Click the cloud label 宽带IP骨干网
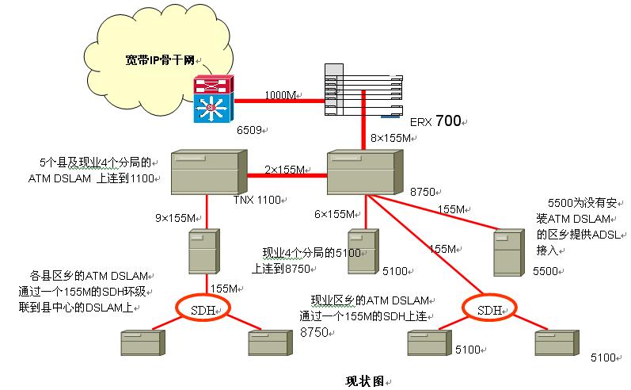point(162,60)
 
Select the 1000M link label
point(280,95)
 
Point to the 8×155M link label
point(392,138)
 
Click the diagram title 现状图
point(365,380)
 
